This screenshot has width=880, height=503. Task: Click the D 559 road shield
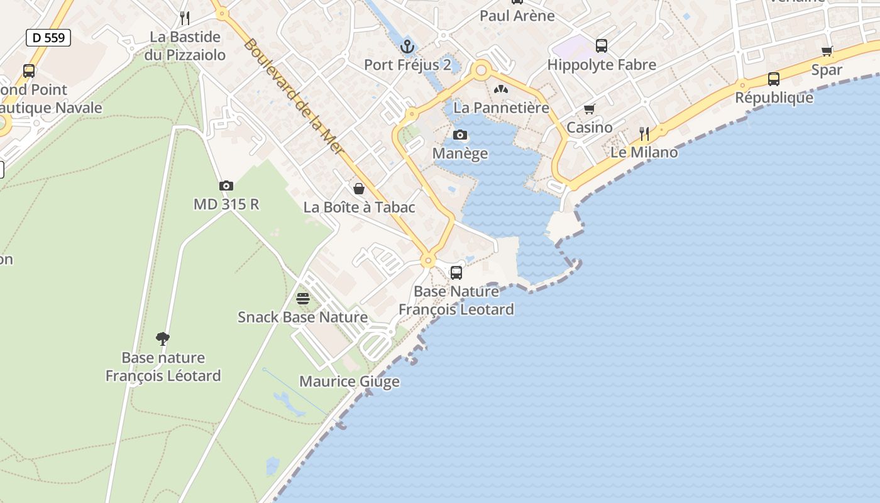point(48,38)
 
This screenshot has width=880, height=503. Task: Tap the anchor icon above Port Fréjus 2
point(407,47)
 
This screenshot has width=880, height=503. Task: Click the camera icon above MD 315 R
point(226,185)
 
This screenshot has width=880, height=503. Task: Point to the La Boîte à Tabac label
point(359,207)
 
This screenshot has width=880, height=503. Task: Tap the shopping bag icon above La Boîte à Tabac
point(359,189)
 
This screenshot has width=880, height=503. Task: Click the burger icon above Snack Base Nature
point(303,298)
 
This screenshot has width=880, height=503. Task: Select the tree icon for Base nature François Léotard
point(163,340)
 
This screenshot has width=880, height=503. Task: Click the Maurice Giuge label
point(349,381)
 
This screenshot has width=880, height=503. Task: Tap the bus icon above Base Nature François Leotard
point(456,273)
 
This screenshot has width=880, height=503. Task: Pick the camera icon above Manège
point(460,135)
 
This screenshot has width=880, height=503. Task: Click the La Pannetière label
point(501,108)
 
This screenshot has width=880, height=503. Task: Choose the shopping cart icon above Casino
point(590,109)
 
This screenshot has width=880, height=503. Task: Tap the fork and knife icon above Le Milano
point(644,133)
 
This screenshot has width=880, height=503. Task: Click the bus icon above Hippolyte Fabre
point(602,46)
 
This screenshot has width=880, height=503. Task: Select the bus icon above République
point(774,79)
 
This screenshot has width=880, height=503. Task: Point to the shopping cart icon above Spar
point(827,52)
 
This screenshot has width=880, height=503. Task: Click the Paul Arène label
point(517,15)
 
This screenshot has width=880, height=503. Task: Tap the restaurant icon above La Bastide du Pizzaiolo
point(185,18)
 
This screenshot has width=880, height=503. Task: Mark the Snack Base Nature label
point(302,317)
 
